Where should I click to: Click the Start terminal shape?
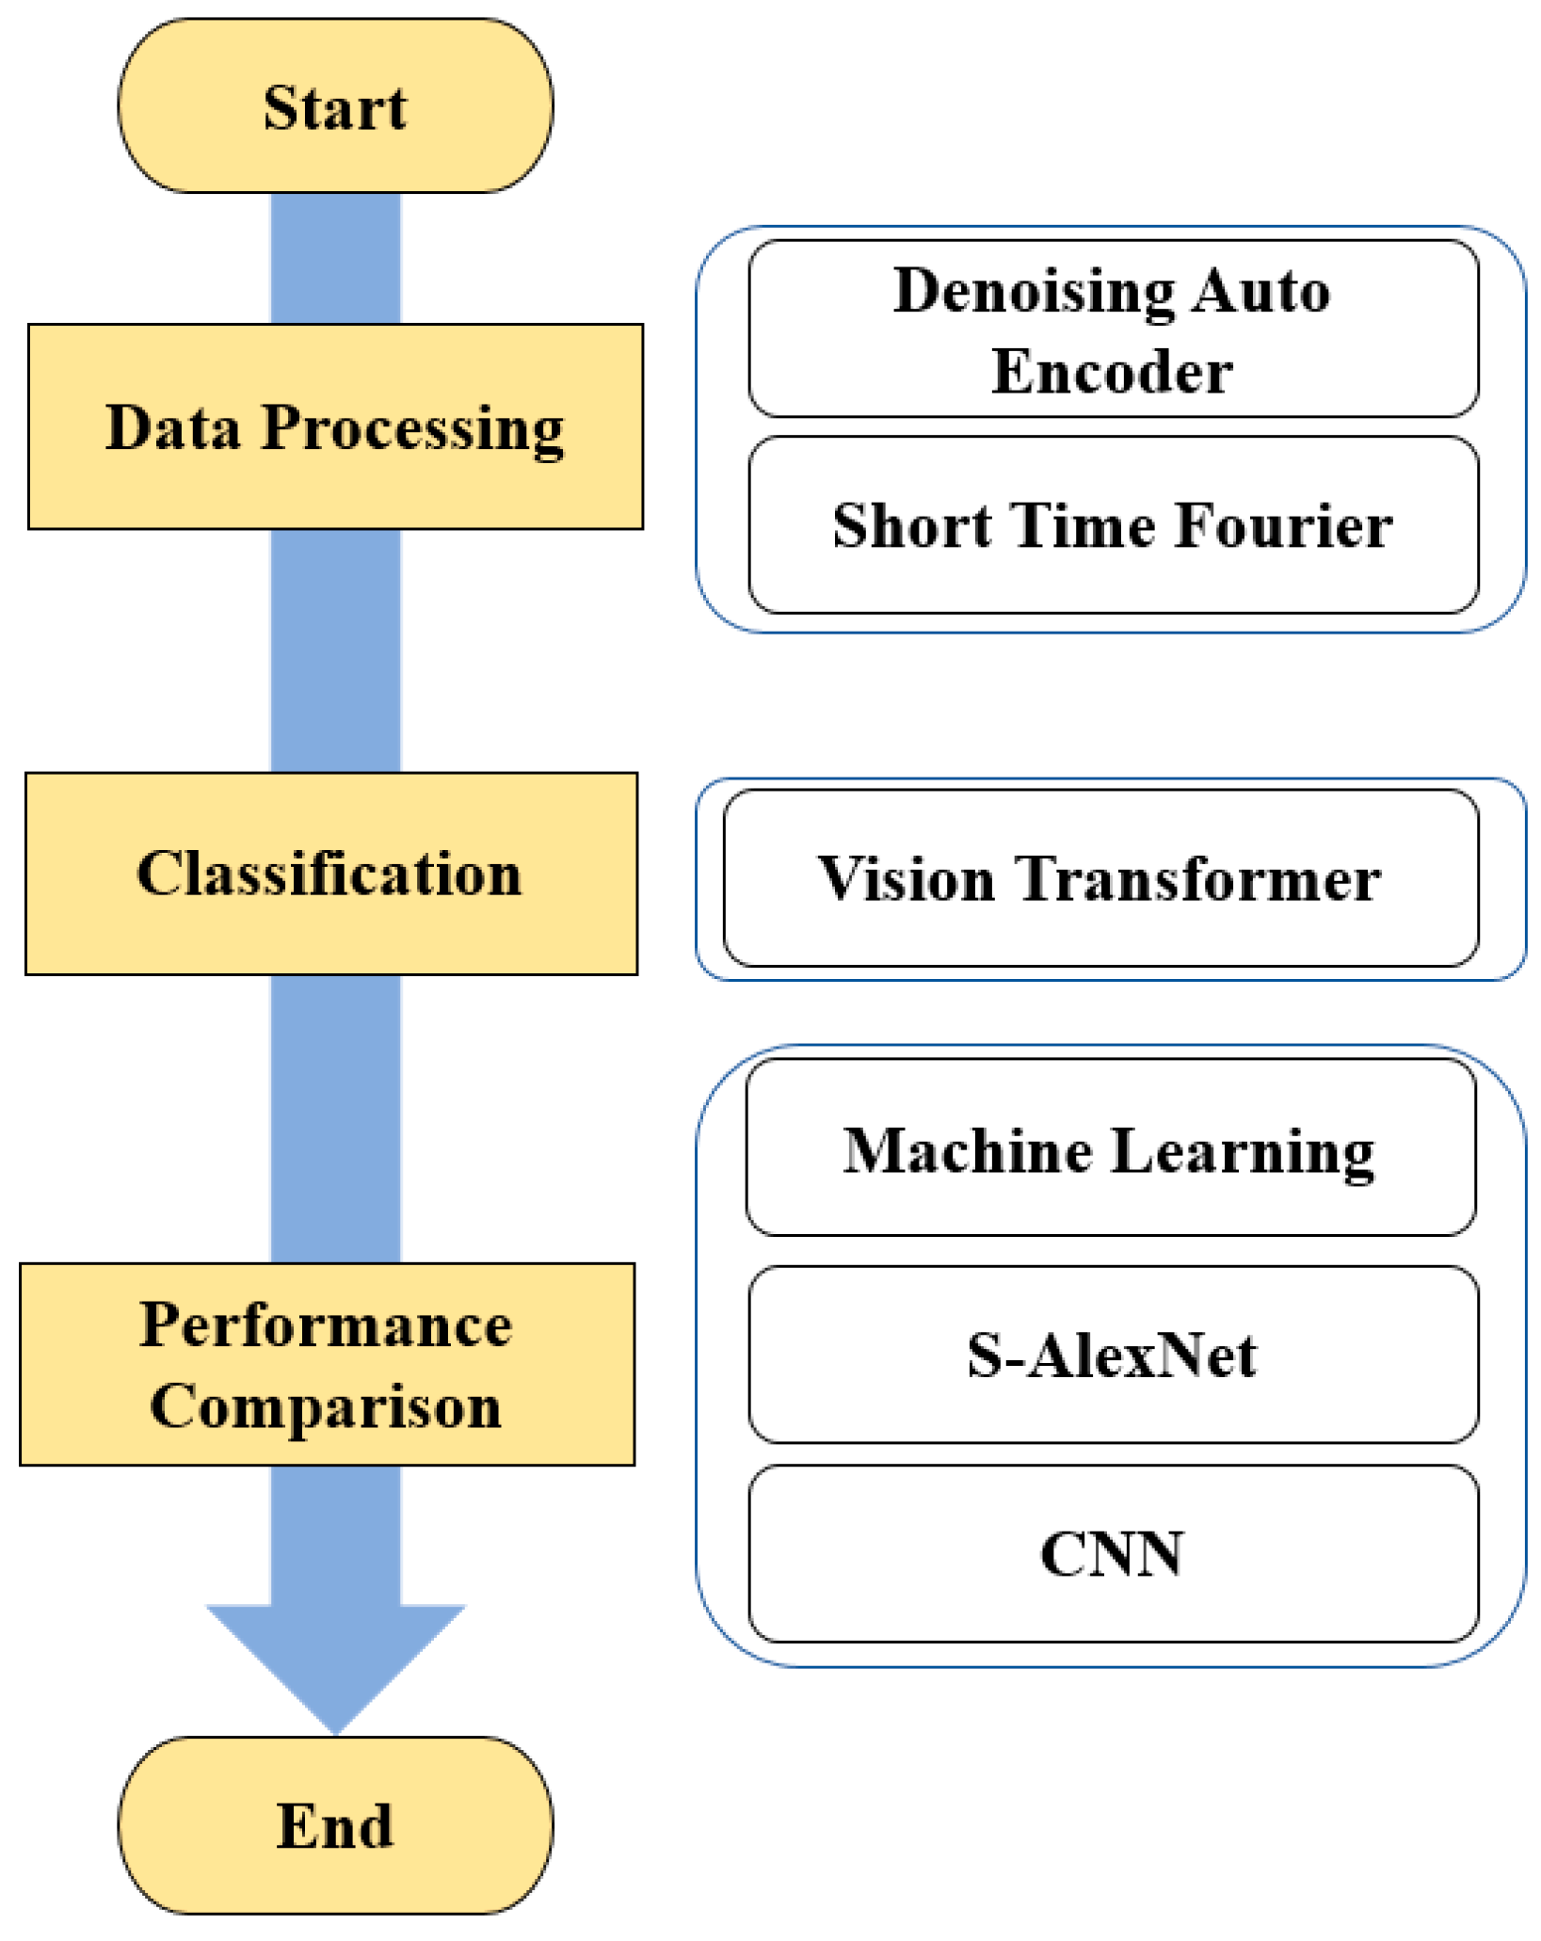(335, 106)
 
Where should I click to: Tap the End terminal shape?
(335, 1825)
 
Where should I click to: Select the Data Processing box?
(335, 426)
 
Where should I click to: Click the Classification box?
(330, 874)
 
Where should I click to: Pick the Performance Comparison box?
(327, 1364)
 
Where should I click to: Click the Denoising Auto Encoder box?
(1113, 329)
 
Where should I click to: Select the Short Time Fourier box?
(1113, 524)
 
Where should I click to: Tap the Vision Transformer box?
(1100, 878)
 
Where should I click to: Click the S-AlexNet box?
(1113, 1355)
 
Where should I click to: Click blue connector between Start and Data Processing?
(335, 259)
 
